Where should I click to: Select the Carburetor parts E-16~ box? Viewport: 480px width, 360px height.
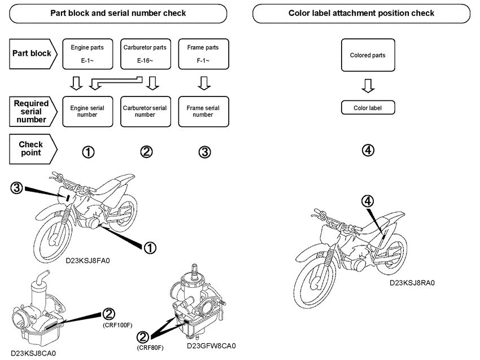pyautogui.click(x=145, y=54)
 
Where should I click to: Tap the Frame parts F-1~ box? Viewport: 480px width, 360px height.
pyautogui.click(x=203, y=54)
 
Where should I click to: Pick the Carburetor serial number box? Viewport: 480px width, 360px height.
pyautogui.click(x=145, y=111)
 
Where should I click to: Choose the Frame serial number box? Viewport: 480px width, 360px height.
pyautogui.click(x=203, y=111)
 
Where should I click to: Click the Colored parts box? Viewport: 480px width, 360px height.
pyautogui.click(x=368, y=55)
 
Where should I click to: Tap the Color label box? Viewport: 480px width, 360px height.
pyautogui.click(x=368, y=107)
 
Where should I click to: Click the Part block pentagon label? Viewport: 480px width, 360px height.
pyautogui.click(x=32, y=54)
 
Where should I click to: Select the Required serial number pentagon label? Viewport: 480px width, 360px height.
pyautogui.click(x=32, y=111)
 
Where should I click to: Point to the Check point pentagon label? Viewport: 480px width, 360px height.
pyautogui.click(x=32, y=149)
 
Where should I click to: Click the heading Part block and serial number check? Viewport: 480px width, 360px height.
pyautogui.click(x=118, y=13)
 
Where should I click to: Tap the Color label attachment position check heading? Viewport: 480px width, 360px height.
pyautogui.click(x=361, y=13)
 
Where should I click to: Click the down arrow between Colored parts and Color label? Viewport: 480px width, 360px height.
pyautogui.click(x=368, y=86)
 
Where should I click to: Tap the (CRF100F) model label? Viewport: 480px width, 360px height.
pyautogui.click(x=117, y=326)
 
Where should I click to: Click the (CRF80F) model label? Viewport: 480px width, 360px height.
pyautogui.click(x=150, y=348)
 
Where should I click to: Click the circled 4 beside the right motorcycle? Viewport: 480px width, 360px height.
pyautogui.click(x=368, y=200)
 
